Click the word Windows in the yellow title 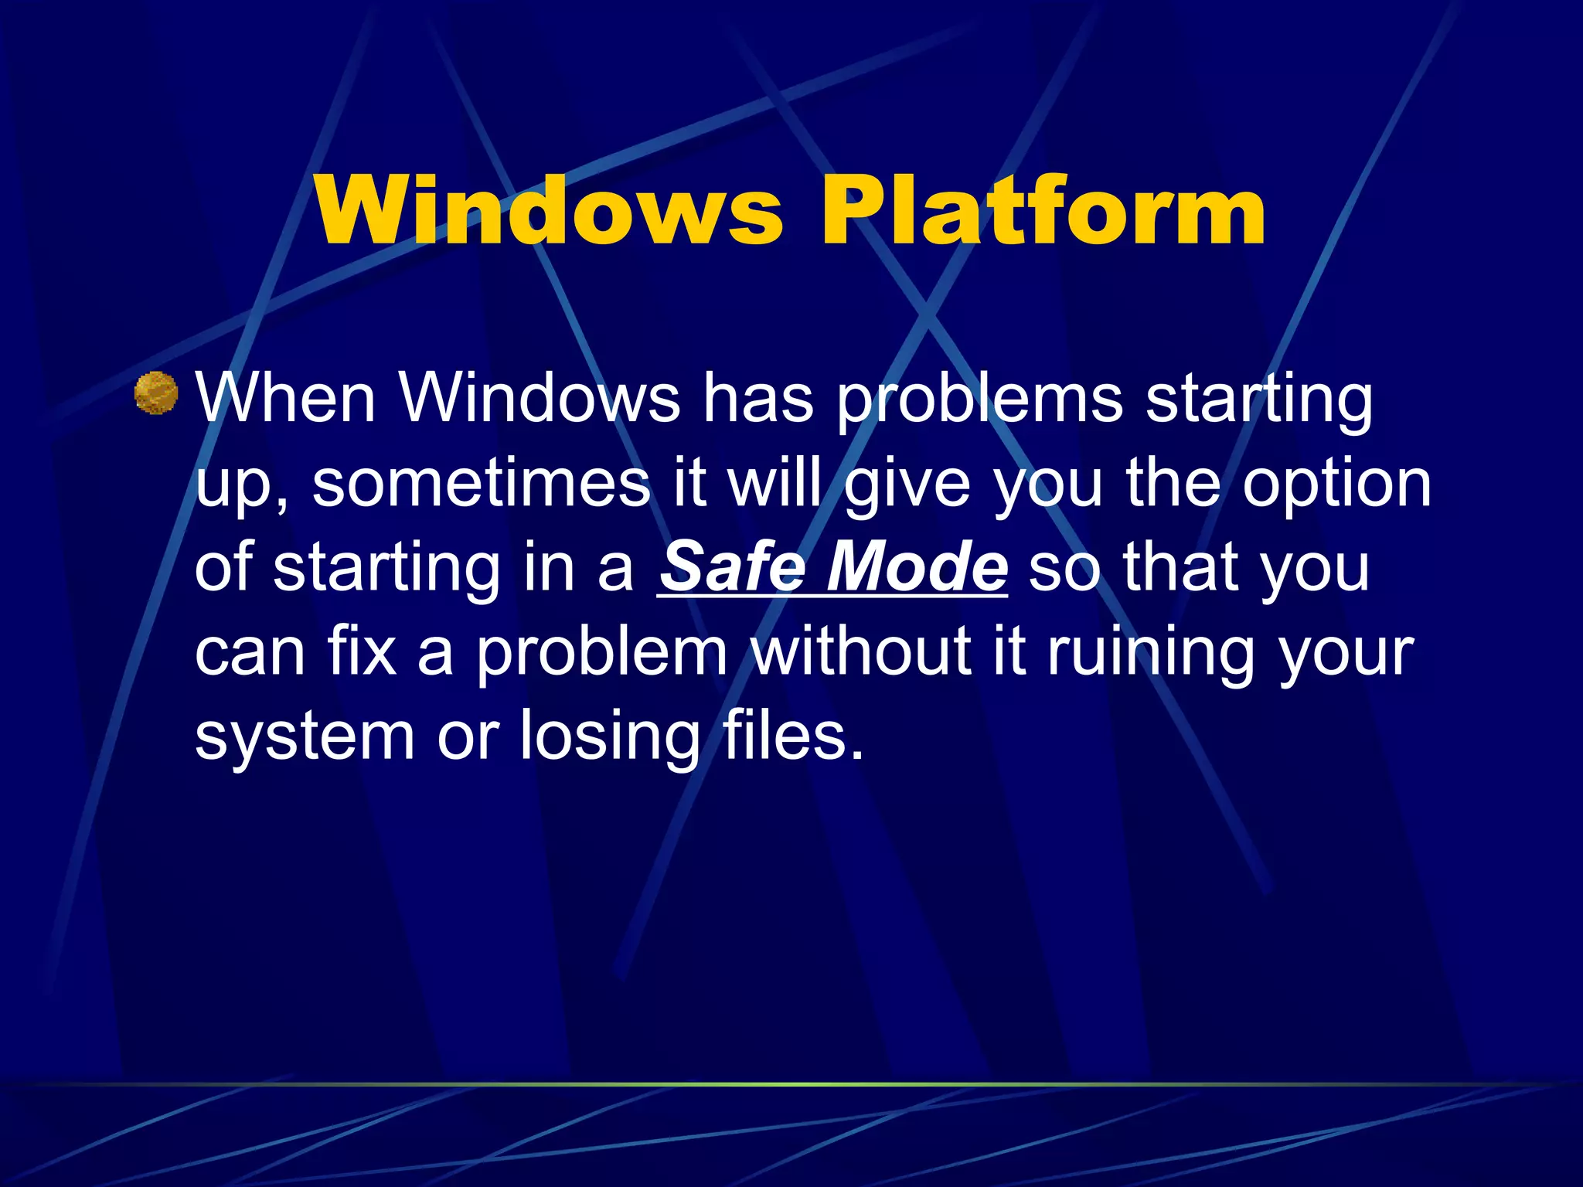548,210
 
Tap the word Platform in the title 1043,210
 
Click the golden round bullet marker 156,393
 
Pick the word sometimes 481,483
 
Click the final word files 792,733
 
